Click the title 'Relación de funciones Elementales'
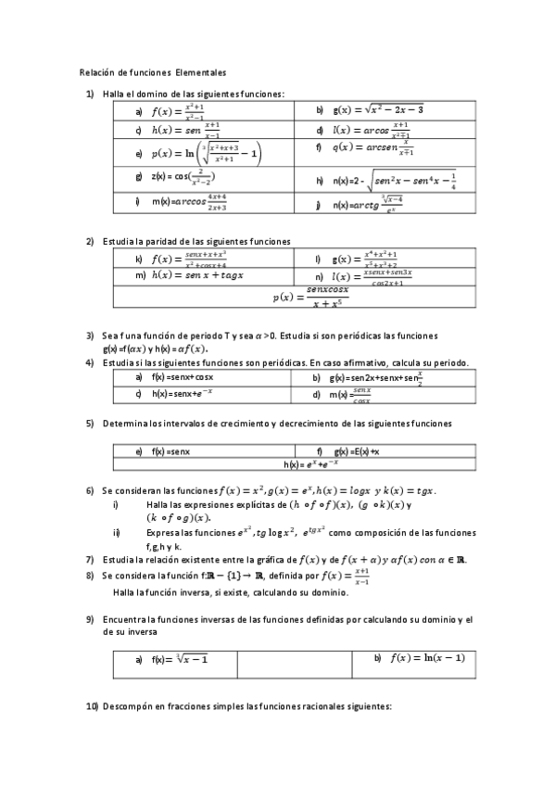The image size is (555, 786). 153,71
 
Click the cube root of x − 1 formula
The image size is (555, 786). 182,659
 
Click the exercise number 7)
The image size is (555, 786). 89,559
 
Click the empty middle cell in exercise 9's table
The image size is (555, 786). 294,665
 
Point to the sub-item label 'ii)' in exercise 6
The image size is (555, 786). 116,533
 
